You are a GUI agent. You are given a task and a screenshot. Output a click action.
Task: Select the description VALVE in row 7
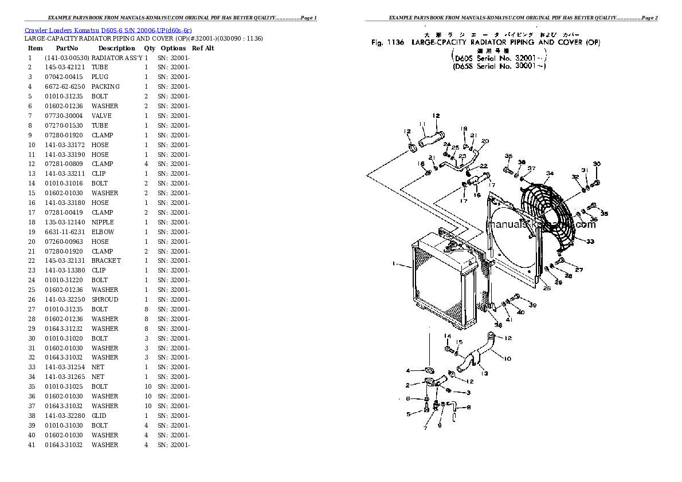(x=101, y=116)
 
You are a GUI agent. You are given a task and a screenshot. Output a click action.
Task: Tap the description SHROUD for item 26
(x=105, y=299)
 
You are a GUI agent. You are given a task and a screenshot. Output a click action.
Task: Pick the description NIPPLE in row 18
(x=103, y=222)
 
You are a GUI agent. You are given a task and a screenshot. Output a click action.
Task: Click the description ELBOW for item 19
(x=103, y=232)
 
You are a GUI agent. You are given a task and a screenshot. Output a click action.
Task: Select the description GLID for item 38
(x=99, y=416)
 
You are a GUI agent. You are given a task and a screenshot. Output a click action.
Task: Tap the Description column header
(x=116, y=48)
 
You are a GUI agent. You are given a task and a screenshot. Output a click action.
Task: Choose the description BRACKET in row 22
(x=106, y=260)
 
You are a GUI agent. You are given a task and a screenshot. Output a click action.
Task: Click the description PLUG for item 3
(x=100, y=77)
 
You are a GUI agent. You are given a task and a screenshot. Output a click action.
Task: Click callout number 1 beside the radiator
(x=394, y=264)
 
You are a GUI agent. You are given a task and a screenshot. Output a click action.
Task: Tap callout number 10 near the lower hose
(x=507, y=359)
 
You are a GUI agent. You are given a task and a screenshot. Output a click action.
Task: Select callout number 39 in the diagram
(x=532, y=305)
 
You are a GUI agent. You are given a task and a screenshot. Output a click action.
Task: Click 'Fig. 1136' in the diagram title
(x=388, y=42)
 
